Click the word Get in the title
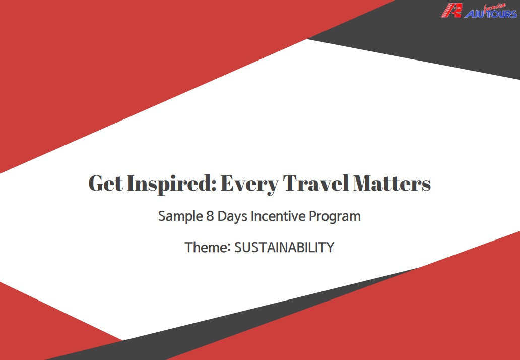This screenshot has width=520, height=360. (x=105, y=183)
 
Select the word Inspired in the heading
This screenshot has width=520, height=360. (x=172, y=184)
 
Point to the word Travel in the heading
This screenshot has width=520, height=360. (x=316, y=183)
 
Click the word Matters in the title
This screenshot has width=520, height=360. (x=392, y=183)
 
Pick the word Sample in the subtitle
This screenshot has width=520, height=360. (x=180, y=217)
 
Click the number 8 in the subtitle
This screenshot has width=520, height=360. (x=210, y=216)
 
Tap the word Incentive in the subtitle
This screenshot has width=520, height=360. (x=278, y=216)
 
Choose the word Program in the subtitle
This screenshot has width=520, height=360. (x=335, y=217)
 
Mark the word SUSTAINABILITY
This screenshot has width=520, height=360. (x=284, y=248)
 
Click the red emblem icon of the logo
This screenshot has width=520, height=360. (x=451, y=10)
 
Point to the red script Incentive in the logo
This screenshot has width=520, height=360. (x=495, y=7)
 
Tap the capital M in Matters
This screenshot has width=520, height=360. (x=364, y=183)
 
